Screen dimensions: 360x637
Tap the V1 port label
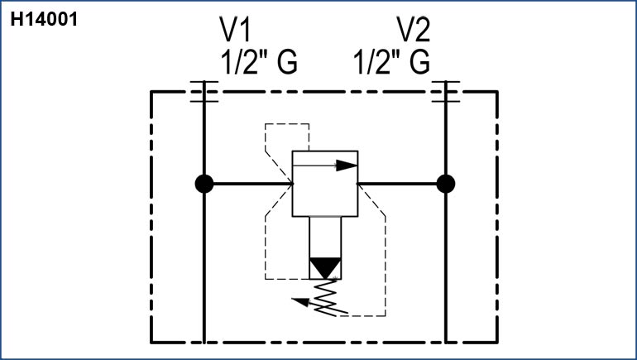pos(234,31)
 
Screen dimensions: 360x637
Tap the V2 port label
pos(414,31)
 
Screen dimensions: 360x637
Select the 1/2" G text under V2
pos(391,62)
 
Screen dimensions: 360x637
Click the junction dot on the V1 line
pos(204,183)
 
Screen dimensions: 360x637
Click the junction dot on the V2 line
pos(446,183)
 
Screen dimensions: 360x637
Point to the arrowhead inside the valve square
pos(351,165)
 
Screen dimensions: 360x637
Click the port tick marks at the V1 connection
pos(204,91)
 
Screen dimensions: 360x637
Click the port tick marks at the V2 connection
pos(446,91)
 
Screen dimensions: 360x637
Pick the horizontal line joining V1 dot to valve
pos(248,183)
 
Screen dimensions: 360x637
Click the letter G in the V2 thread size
pos(419,62)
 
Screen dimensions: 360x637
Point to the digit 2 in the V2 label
pos(424,31)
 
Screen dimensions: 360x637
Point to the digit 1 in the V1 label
pos(244,31)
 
